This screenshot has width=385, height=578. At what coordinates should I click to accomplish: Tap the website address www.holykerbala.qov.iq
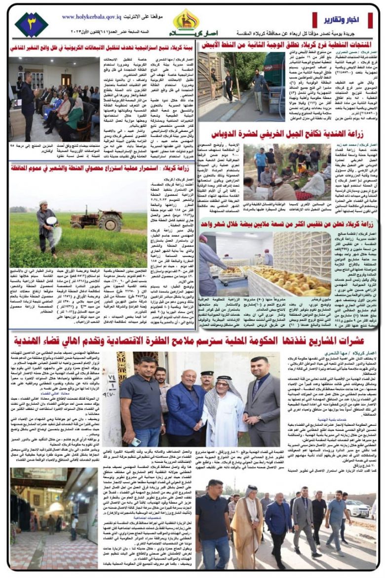coord(88,17)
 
